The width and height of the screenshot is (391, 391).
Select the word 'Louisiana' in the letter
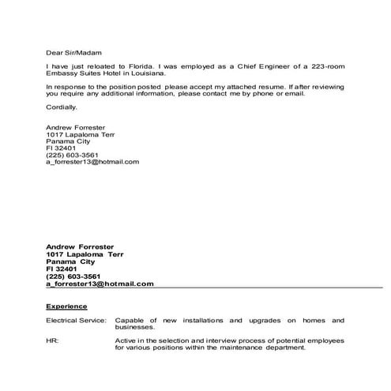pyautogui.click(x=147, y=75)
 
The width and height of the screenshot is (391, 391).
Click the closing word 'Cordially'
pyautogui.click(x=62, y=107)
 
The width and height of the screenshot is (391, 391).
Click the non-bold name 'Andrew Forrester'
pyautogui.click(x=76, y=127)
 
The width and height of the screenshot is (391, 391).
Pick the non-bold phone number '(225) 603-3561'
pyautogui.click(x=72, y=155)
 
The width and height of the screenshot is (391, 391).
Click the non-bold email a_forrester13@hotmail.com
pyautogui.click(x=92, y=162)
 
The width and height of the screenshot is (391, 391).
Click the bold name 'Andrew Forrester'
pyautogui.click(x=81, y=247)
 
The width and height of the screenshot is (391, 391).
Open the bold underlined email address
pyautogui.click(x=100, y=284)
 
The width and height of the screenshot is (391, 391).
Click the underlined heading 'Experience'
pyautogui.click(x=66, y=306)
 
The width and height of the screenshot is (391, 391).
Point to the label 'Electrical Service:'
pyautogui.click(x=76, y=321)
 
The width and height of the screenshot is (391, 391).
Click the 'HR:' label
pyautogui.click(x=52, y=340)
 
